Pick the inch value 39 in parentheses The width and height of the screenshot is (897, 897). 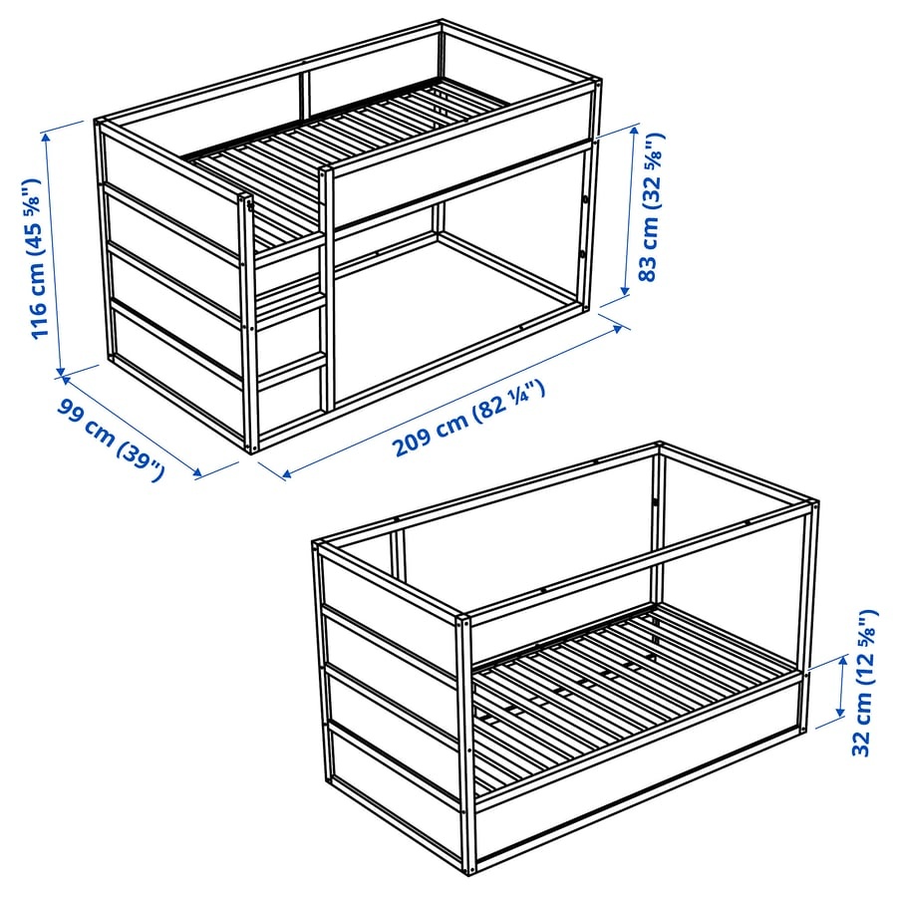pyautogui.click(x=139, y=456)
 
